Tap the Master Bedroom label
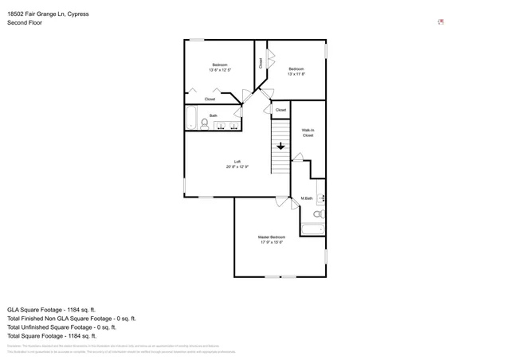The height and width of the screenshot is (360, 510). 271,237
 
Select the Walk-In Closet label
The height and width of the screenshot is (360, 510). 308,132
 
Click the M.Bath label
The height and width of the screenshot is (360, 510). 306,198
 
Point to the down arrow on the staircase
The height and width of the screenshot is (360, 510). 280,146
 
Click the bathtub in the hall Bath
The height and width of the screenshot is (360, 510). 191,119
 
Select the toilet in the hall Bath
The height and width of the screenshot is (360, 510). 205,123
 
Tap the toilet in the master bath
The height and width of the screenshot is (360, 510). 318,214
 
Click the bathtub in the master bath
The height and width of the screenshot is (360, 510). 312,230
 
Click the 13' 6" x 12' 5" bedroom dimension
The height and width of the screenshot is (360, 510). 220,70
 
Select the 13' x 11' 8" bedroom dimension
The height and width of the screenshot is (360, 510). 296,74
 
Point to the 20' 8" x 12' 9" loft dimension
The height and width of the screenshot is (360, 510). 237,166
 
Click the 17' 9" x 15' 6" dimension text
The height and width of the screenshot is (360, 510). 271,242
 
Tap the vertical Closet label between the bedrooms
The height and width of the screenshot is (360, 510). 261,63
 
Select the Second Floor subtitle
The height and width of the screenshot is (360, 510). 25,23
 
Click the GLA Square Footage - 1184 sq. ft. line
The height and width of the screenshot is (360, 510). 51,309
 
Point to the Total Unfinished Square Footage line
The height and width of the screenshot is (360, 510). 61,327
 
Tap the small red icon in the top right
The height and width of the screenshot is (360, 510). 441,22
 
